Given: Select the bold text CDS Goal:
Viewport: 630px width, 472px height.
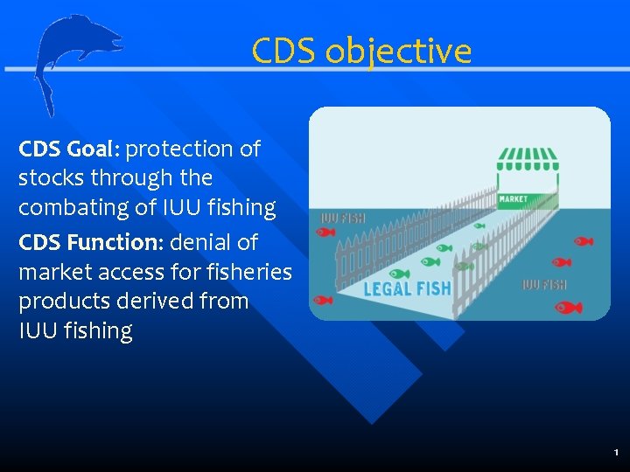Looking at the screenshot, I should tap(69, 149).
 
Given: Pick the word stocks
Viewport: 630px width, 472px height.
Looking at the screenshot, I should tap(49, 178).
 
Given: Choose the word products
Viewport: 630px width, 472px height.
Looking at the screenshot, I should tap(58, 302).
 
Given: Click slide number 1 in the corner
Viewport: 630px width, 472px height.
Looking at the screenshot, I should tap(616, 453).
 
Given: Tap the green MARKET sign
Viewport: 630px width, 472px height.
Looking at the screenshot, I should tap(513, 199).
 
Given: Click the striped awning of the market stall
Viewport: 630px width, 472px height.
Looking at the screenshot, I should tap(527, 158).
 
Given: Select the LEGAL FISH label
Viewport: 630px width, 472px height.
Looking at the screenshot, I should tap(407, 288).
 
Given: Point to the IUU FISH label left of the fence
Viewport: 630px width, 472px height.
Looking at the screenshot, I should tap(342, 219).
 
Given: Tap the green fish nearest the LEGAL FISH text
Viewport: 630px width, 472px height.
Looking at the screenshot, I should tap(399, 274).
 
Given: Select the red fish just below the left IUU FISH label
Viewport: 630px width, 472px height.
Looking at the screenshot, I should tap(325, 233).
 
